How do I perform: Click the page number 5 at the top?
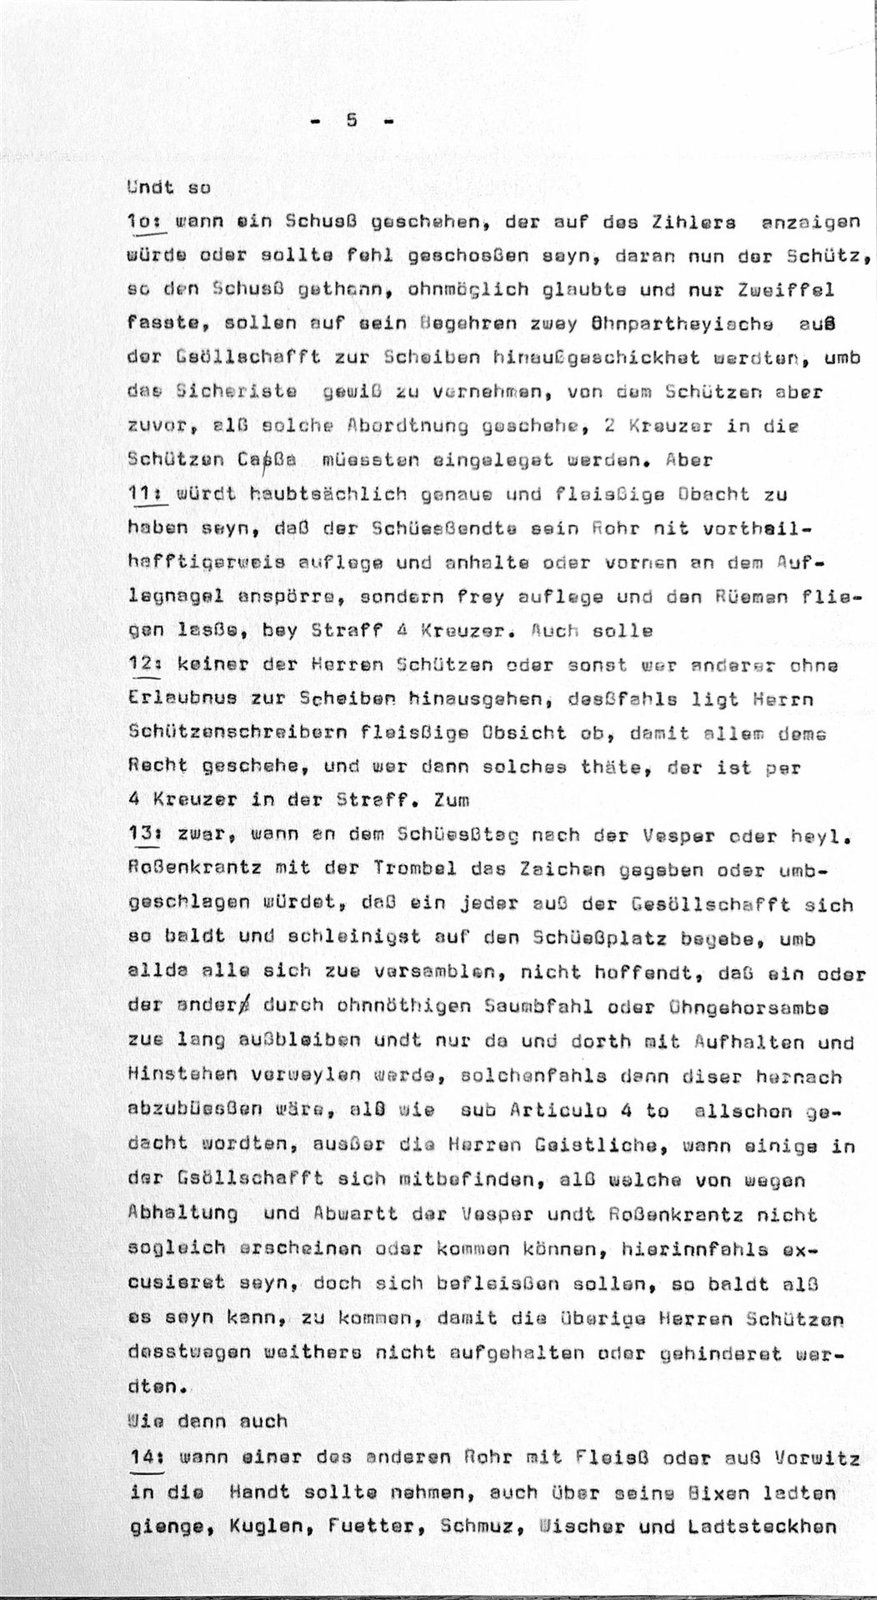(x=351, y=120)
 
